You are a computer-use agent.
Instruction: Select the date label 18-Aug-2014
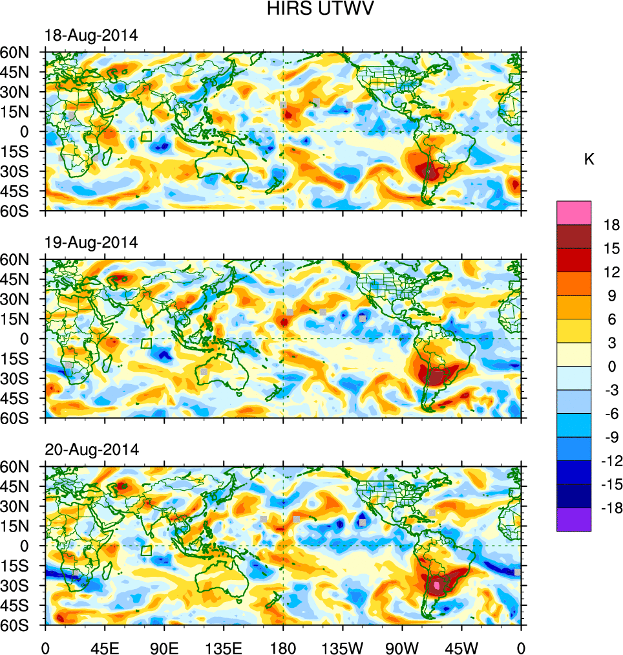[91, 36]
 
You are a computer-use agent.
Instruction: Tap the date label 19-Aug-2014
[91, 242]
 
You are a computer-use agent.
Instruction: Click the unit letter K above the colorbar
[589, 160]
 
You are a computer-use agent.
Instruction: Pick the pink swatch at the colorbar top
[573, 212]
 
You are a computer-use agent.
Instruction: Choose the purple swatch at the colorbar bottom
[573, 519]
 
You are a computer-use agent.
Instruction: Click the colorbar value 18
[612, 225]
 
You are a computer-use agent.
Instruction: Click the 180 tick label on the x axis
[283, 646]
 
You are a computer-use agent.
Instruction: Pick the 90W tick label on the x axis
[402, 646]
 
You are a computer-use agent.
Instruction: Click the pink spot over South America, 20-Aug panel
[437, 585]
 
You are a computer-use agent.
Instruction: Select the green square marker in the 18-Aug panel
[146, 136]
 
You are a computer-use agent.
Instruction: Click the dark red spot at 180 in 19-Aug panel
[284, 321]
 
